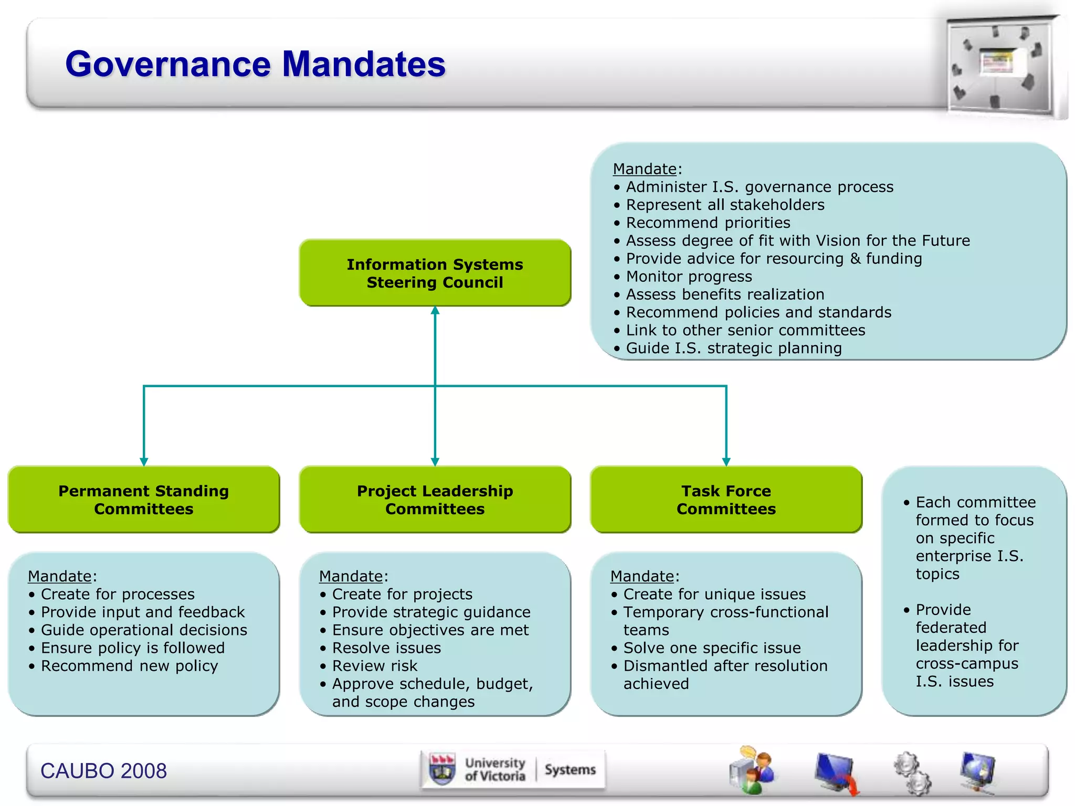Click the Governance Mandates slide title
click(255, 64)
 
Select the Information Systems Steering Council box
click(435, 273)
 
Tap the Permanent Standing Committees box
click(143, 500)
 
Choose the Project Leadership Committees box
click(435, 500)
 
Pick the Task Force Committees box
click(726, 500)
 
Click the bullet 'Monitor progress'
click(689, 277)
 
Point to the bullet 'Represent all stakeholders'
click(725, 205)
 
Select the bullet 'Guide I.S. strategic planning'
click(733, 348)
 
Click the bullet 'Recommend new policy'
click(129, 666)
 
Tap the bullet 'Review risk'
click(374, 666)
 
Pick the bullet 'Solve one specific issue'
click(712, 648)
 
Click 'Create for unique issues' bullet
click(714, 594)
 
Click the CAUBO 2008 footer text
click(103, 771)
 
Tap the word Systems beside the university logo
click(570, 770)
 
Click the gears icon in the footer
click(912, 772)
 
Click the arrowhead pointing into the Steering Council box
click(435, 311)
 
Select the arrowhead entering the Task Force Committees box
click(726, 461)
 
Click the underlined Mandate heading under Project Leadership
click(351, 576)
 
